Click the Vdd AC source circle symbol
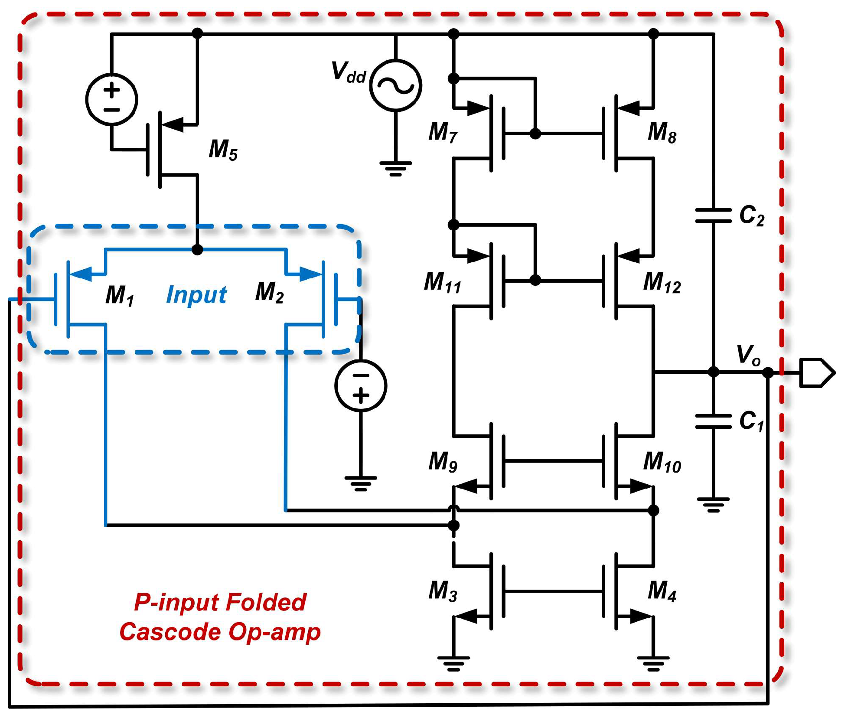point(395,85)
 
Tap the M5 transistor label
point(223,150)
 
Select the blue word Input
point(196,295)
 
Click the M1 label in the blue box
point(120,295)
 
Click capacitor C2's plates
point(713,215)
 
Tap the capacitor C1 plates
point(713,421)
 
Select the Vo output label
point(748,355)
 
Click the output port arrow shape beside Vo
point(816,372)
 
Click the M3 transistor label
point(443,591)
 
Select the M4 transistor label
point(662,591)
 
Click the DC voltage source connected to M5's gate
point(112,100)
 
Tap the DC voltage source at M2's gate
point(361,385)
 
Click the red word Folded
point(266,602)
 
